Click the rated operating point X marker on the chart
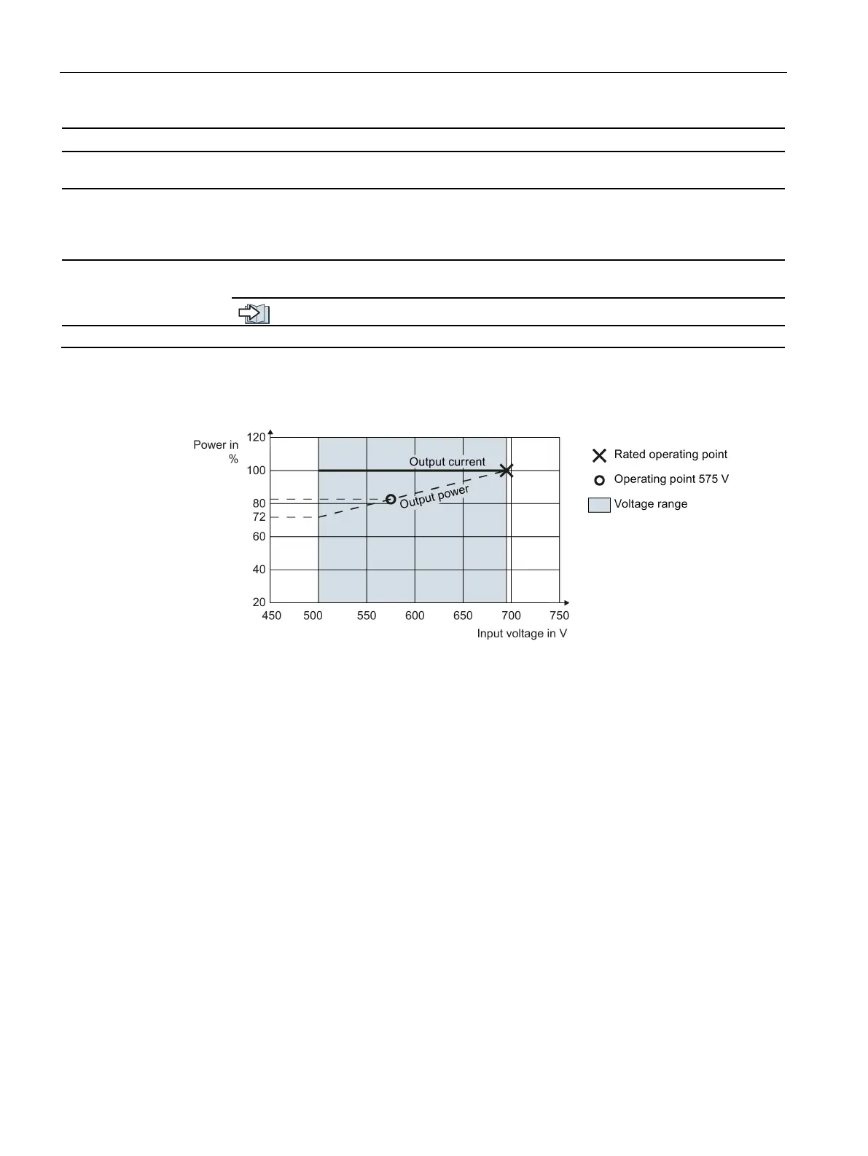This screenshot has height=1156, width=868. click(507, 471)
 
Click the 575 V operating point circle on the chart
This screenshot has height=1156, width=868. click(391, 499)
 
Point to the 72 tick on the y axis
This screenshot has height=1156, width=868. click(259, 517)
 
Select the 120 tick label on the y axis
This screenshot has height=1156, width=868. click(257, 437)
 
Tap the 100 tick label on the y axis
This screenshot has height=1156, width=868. click(257, 471)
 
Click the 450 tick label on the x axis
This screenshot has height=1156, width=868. click(271, 616)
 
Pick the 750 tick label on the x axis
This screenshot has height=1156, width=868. click(560, 616)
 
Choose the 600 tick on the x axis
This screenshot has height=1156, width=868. click(415, 616)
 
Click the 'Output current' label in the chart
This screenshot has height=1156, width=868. click(447, 462)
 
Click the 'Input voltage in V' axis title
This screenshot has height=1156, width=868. click(522, 634)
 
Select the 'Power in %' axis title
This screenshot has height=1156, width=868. click(216, 452)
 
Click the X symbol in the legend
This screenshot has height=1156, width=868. click(599, 455)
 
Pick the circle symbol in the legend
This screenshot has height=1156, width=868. click(599, 480)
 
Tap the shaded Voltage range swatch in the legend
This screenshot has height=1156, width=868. click(599, 505)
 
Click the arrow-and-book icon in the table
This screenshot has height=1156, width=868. click(254, 314)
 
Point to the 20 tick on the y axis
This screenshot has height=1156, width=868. click(259, 602)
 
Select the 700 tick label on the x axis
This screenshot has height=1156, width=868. click(511, 616)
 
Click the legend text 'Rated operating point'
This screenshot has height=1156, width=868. click(670, 455)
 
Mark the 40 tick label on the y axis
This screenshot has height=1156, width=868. click(259, 570)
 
